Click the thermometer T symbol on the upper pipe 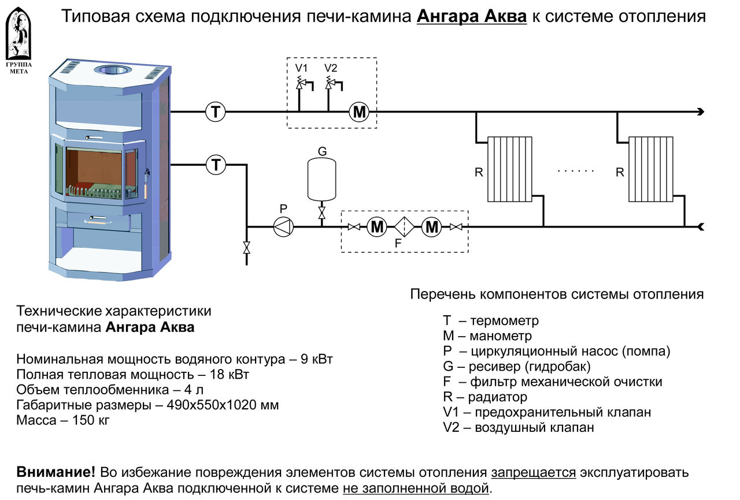[x=216, y=111]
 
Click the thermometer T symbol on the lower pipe [x=216, y=165]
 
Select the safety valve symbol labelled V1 [x=300, y=84]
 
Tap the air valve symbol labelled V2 [x=330, y=84]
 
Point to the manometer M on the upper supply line [x=360, y=112]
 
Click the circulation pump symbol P [x=283, y=227]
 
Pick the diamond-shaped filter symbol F [x=404, y=227]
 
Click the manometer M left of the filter [x=377, y=227]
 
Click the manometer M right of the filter [x=431, y=227]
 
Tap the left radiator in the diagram [x=509, y=169]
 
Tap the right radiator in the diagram [x=651, y=169]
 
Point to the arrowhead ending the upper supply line [x=700, y=112]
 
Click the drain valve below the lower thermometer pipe [x=247, y=248]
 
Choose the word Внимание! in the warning [x=56, y=472]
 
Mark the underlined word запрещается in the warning [x=533, y=472]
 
